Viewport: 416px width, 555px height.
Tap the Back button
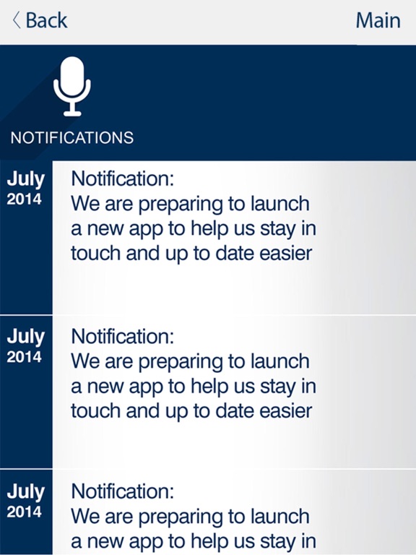40,20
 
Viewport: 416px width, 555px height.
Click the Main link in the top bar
378,20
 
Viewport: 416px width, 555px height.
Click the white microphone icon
72,87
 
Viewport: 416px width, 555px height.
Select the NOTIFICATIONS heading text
71,138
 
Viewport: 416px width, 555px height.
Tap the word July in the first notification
26,180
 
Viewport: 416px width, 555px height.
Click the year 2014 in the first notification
25,199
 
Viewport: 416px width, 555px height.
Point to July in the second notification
26,337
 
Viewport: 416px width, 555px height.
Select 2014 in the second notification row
25,356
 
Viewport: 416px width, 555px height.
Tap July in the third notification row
26,493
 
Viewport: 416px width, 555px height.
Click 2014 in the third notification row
25,512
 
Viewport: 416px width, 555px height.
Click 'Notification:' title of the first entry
123,178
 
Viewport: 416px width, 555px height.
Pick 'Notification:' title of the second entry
123,336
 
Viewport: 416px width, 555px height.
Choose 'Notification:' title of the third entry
123,492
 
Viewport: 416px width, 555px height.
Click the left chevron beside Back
17,20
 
